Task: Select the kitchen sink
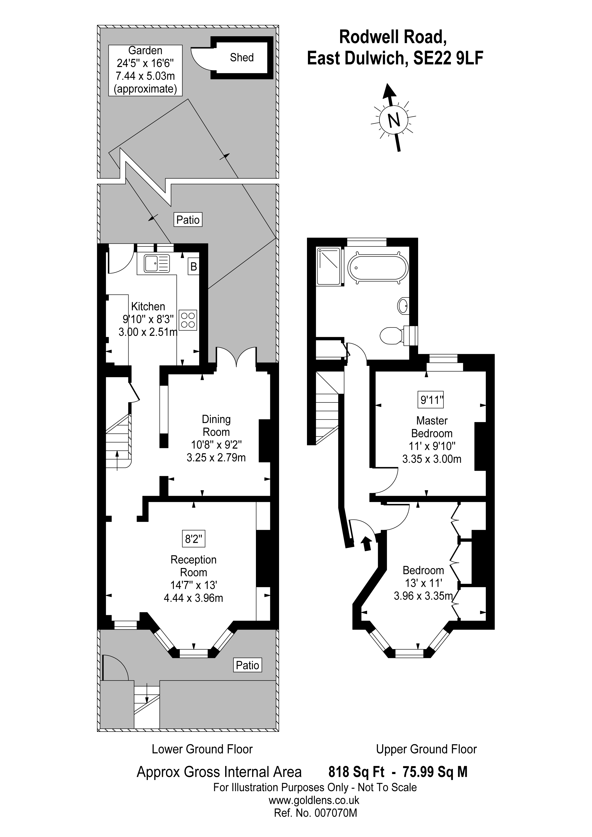pyautogui.click(x=157, y=263)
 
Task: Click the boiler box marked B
pyautogui.click(x=194, y=267)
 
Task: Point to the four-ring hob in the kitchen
pyautogui.click(x=188, y=320)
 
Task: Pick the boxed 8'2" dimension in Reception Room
pyautogui.click(x=194, y=539)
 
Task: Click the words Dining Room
pyautogui.click(x=216, y=425)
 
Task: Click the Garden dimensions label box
pyautogui.click(x=145, y=70)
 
